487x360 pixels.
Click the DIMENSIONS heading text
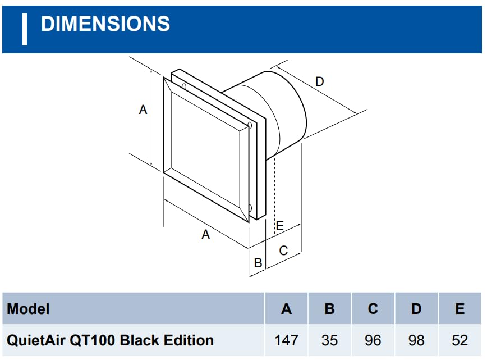[105, 24]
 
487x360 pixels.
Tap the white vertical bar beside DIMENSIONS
[25, 29]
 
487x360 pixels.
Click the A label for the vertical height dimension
[143, 110]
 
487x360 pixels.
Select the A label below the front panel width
[206, 235]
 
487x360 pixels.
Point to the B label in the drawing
[258, 262]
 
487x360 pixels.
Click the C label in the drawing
[283, 250]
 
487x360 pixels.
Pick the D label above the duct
[319, 82]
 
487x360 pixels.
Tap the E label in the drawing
[279, 226]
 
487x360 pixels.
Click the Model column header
[28, 308]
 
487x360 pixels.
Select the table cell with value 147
[286, 340]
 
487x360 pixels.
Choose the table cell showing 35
[329, 340]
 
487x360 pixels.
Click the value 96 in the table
[373, 340]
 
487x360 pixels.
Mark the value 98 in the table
[416, 340]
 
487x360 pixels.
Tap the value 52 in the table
[460, 340]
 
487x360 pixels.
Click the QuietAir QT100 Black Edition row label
[110, 340]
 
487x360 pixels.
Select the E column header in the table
[460, 308]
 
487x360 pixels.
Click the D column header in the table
[416, 308]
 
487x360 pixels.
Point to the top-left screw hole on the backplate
[183, 86]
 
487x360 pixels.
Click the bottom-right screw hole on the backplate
[250, 209]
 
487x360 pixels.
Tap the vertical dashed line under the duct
[274, 191]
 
